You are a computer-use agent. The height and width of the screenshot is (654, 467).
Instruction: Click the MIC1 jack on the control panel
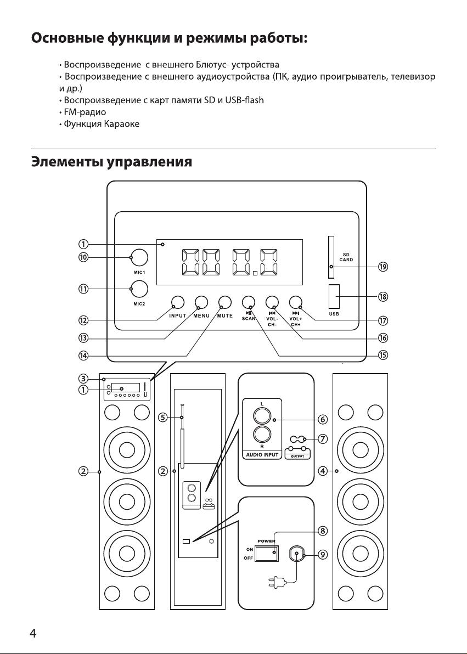[x=139, y=258]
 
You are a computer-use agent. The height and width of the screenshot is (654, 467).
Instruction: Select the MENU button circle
[x=201, y=302]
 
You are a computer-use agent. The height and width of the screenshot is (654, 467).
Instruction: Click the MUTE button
[x=225, y=302]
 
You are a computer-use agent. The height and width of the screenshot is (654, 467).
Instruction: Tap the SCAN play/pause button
[x=248, y=302]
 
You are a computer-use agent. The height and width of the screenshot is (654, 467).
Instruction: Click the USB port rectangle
[x=334, y=296]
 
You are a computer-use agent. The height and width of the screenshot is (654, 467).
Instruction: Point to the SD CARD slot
[x=331, y=257]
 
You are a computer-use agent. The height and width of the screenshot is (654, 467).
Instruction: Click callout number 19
[x=382, y=267]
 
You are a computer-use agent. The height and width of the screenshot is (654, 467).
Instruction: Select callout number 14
[x=83, y=356]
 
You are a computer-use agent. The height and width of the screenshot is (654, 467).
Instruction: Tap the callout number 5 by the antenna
[x=163, y=417]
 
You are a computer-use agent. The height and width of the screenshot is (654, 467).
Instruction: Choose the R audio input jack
[x=262, y=435]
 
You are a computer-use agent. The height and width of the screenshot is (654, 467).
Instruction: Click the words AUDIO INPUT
[x=262, y=455]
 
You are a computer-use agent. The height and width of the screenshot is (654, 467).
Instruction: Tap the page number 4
[x=33, y=634]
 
